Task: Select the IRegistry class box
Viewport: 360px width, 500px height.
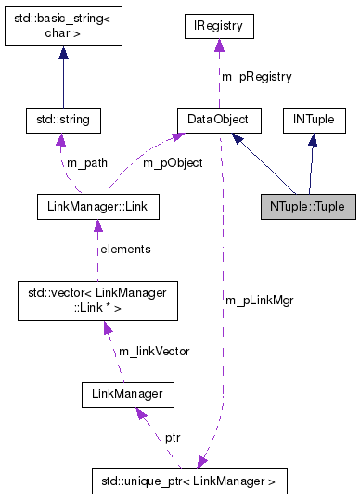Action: point(218,26)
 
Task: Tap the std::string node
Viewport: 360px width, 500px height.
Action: point(62,120)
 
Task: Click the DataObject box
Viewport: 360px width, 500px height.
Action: point(219,120)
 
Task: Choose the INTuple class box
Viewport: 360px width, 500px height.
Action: point(314,120)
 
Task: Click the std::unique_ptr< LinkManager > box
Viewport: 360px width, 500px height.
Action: point(189,481)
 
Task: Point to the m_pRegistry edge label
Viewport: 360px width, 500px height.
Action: point(255,76)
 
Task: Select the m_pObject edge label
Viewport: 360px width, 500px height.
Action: point(173,163)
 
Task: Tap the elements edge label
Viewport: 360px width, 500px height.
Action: point(125,249)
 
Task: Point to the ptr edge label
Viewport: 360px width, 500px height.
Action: point(173,436)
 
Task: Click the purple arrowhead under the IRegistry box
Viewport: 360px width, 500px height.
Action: point(218,44)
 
